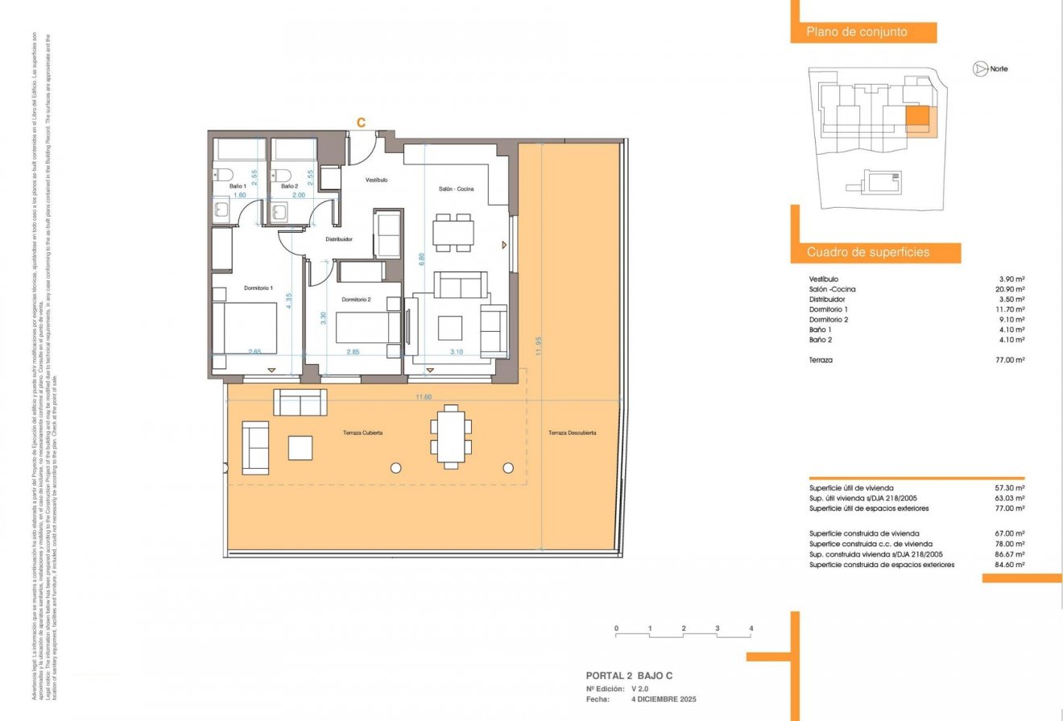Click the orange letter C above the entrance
[362, 122]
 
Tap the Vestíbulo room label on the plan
[377, 180]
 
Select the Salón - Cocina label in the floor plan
[456, 189]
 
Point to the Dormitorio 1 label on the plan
[259, 288]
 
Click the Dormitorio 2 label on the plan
[355, 300]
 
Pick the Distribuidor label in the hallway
[339, 239]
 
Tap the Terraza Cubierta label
[360, 433]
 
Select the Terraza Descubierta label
[573, 433]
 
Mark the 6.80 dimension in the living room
[421, 259]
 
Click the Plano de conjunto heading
[857, 32]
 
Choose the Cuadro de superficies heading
[868, 253]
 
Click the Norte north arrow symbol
[980, 69]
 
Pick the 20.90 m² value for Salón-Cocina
[1010, 289]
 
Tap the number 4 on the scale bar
[751, 628]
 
